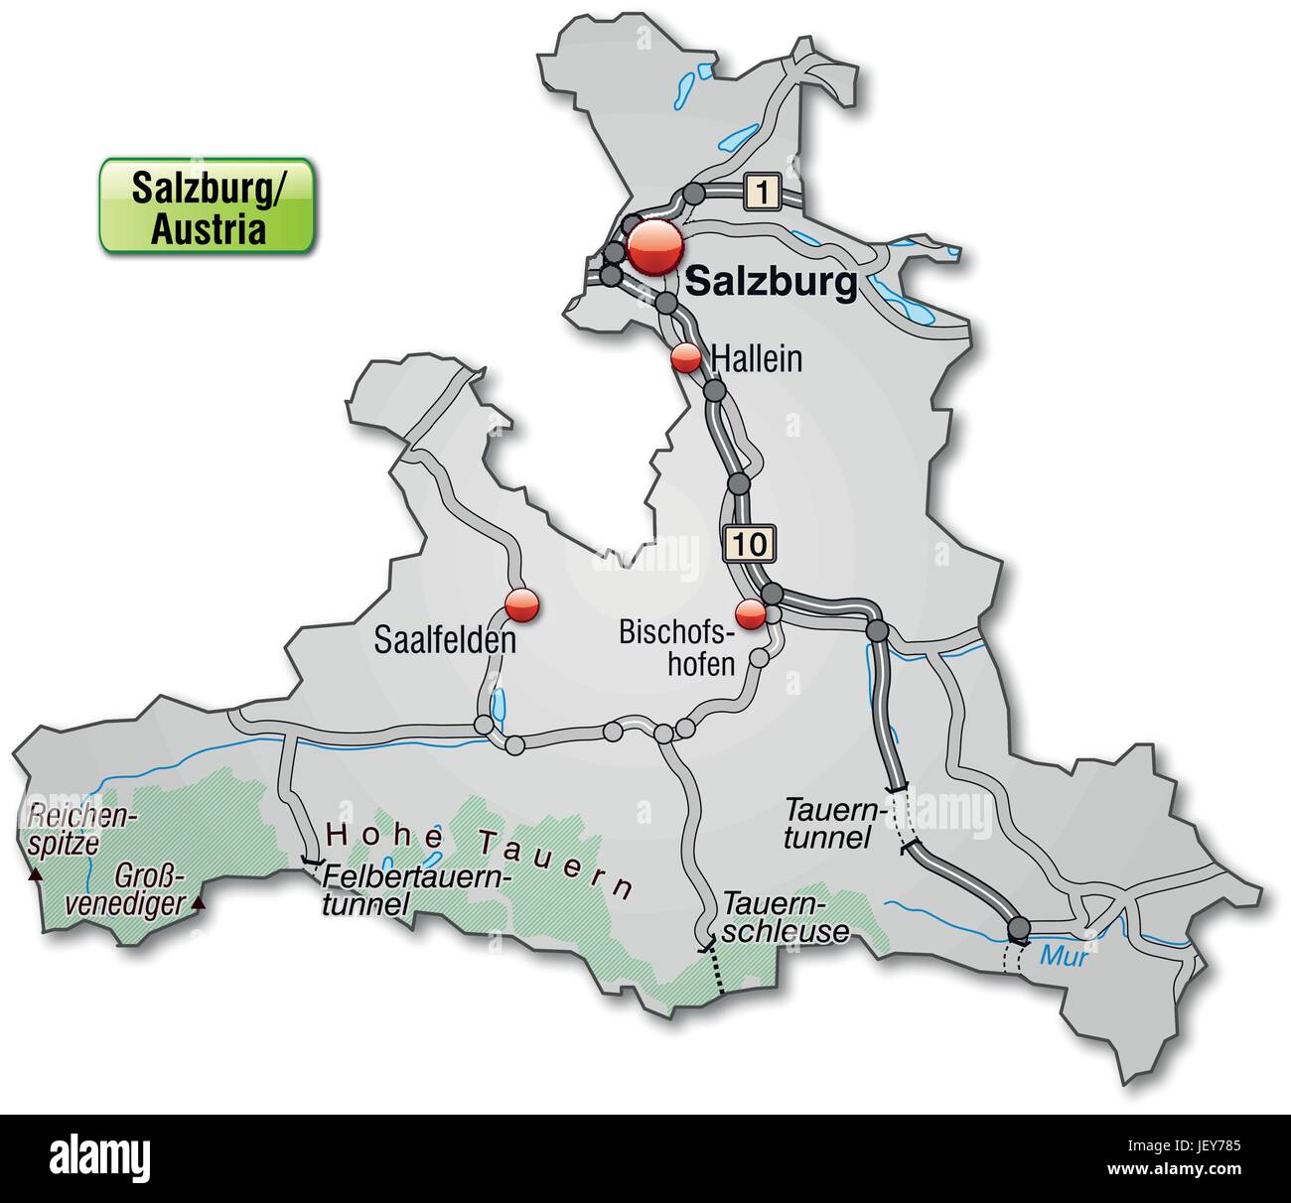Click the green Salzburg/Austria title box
tap(207, 204)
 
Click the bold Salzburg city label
tap(771, 283)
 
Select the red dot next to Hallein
tap(685, 358)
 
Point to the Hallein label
tap(757, 358)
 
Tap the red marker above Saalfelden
tap(521, 604)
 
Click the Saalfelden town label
tap(445, 640)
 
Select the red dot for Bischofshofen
tap(751, 614)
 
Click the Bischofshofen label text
tap(676, 646)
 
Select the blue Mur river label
tap(1064, 958)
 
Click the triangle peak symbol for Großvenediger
tap(199, 902)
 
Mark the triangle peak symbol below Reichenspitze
tap(36, 875)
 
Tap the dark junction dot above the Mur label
tap(1018, 929)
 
